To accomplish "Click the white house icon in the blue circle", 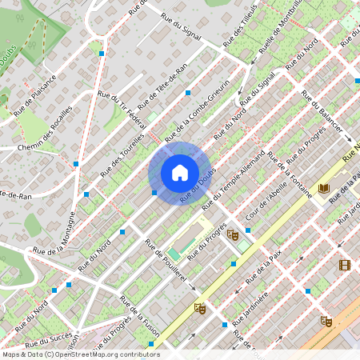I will point(179,173).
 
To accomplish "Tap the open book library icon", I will point(323,188).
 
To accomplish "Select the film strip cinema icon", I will point(345,265).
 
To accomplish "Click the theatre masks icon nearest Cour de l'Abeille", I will point(233,234).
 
